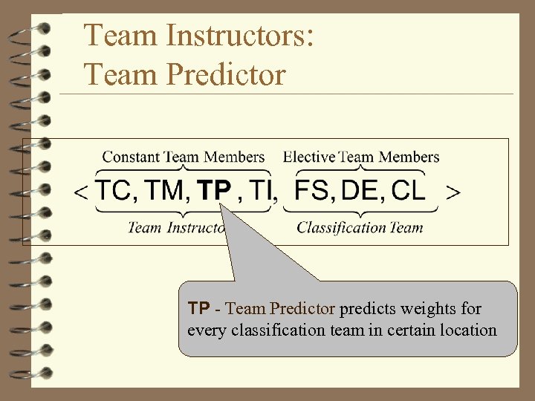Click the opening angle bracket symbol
pos(81,192)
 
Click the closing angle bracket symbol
pos(452,192)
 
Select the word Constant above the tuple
pos(131,157)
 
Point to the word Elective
pos(309,157)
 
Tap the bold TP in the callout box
pos(198,308)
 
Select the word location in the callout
pos(467,330)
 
